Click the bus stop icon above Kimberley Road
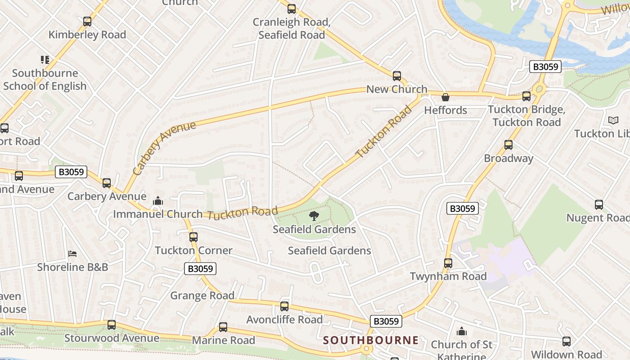[87, 21]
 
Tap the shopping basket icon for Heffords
[445, 97]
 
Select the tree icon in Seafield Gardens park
[314, 216]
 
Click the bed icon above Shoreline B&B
[72, 254]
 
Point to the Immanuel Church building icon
[157, 201]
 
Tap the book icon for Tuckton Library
[613, 120]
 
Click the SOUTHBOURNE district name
[371, 340]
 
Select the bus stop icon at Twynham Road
[448, 263]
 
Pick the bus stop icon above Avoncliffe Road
[284, 306]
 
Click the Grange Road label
[202, 296]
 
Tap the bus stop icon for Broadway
[508, 145]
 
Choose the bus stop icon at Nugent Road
[599, 205]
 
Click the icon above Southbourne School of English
[45, 60]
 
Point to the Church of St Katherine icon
[461, 332]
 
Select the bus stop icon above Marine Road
[223, 327]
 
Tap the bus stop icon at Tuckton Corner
[193, 237]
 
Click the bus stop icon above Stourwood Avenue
[112, 325]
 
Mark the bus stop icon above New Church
[396, 76]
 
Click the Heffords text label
[445, 110]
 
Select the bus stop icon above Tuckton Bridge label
[526, 96]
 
